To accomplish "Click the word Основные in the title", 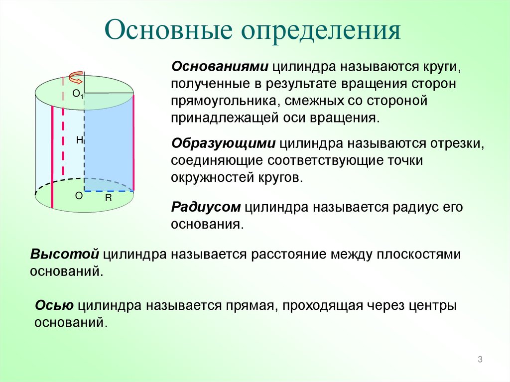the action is [x=169, y=31].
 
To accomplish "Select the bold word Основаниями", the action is [x=220, y=66].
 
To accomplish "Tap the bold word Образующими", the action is [x=224, y=143].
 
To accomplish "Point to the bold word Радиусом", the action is [x=206, y=207].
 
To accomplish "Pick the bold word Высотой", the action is [x=65, y=254].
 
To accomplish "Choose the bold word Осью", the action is [x=54, y=305].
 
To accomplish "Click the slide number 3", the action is [x=480, y=360].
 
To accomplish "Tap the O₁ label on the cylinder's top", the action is [x=78, y=94].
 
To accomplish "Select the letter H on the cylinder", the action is [x=80, y=140].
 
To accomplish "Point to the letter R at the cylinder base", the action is [x=108, y=198].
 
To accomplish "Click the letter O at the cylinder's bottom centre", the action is [x=79, y=196].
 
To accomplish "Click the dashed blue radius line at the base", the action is [x=109, y=191].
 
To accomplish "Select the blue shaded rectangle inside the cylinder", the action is [x=109, y=142].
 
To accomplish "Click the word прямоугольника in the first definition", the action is [x=224, y=101].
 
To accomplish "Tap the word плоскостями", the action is [x=419, y=254].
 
